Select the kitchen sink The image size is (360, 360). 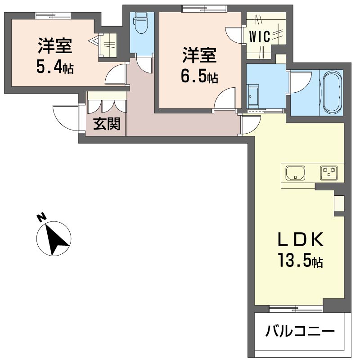(x=296, y=173)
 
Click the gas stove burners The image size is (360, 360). (x=329, y=173)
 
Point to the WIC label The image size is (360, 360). (x=260, y=36)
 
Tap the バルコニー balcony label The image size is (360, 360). (x=300, y=331)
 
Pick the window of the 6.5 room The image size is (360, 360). (x=204, y=9)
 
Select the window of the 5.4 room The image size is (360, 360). (x=53, y=16)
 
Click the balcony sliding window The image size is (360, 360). (x=296, y=309)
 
